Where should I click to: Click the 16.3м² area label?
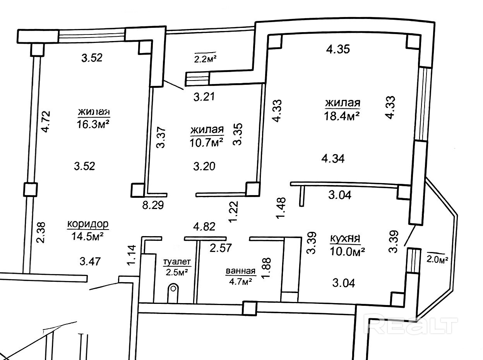pyautogui.click(x=93, y=125)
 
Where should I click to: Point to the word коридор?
pyautogui.click(x=88, y=224)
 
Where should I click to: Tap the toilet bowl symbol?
pyautogui.click(x=174, y=288)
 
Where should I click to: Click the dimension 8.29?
pyautogui.click(x=153, y=205)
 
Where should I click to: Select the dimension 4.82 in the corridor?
pyautogui.click(x=204, y=226)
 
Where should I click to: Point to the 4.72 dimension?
pyautogui.click(x=45, y=122)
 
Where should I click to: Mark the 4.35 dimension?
pyautogui.click(x=338, y=49)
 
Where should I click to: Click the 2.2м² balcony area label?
pyautogui.click(x=205, y=59)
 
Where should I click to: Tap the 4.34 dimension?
pyautogui.click(x=333, y=158)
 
